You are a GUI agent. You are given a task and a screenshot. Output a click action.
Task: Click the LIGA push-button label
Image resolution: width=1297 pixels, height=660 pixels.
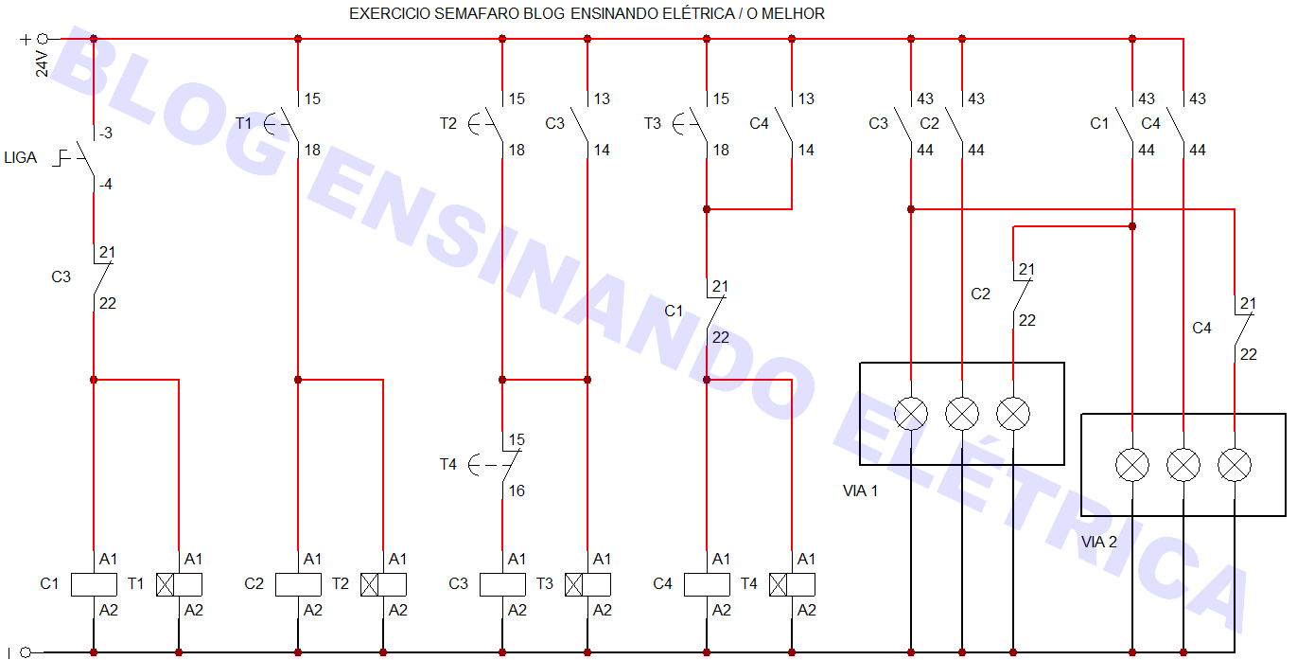[21, 158]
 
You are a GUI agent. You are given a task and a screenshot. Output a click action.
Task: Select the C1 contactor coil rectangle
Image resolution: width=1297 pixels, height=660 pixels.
[94, 584]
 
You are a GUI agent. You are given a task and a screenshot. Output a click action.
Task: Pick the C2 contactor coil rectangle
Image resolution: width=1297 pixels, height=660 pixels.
[298, 584]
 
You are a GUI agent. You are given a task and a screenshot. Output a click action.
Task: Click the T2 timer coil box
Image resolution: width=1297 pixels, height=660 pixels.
[383, 584]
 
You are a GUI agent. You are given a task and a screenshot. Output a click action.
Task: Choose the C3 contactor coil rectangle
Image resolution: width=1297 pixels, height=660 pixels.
[502, 584]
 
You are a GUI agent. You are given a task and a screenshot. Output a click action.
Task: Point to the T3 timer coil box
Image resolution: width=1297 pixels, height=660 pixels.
[587, 584]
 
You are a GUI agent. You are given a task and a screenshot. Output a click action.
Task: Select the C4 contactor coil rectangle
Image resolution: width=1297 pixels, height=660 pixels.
[707, 584]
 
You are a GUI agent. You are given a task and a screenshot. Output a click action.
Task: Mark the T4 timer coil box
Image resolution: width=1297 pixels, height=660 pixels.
[792, 584]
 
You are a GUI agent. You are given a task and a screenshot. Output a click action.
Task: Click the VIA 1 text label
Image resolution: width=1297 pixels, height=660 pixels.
[860, 491]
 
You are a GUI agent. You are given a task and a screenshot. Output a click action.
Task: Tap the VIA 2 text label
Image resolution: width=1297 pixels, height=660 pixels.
[1099, 543]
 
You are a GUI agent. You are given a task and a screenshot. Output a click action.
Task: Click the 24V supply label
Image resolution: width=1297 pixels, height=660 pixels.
[43, 62]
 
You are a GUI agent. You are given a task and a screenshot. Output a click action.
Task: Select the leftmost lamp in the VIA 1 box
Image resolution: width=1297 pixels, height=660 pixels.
[911, 414]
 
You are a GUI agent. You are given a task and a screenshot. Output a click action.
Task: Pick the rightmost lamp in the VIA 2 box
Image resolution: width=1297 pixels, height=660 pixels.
[1235, 465]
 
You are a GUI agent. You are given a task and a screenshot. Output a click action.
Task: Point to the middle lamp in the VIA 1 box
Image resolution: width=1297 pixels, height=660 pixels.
[962, 414]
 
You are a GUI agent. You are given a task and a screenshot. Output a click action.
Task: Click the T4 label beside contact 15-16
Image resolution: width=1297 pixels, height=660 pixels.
[448, 465]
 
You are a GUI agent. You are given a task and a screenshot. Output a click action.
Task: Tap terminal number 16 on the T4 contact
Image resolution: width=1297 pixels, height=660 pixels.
[517, 491]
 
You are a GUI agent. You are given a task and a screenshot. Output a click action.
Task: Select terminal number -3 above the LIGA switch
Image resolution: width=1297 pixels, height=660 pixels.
[106, 134]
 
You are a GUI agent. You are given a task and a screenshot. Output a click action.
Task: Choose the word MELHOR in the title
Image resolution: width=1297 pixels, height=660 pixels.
[797, 14]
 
